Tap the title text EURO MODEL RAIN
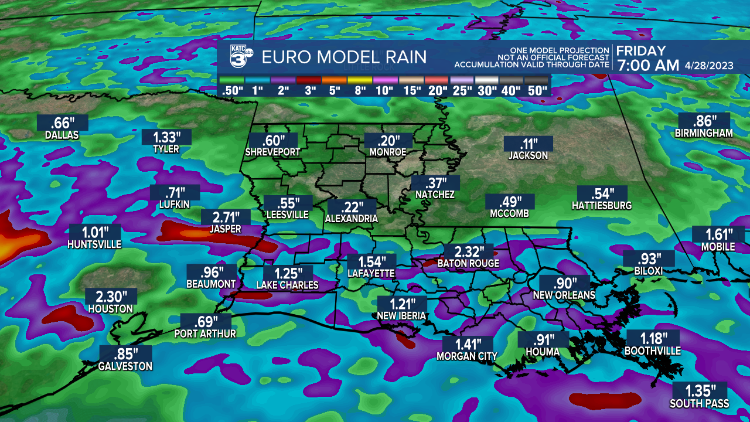coord(344,57)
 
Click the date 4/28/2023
coord(707,66)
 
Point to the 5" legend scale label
coord(335,91)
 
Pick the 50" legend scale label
coord(537,91)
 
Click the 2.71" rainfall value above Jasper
coord(226,217)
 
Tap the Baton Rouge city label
coord(468,264)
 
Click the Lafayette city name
coord(371,274)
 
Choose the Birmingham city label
coord(704,134)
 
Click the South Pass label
coord(700,403)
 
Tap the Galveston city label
coord(125,366)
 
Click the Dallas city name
coord(62,135)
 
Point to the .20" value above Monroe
coord(388,141)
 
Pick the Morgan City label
coord(467,356)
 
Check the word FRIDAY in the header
coord(641,51)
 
